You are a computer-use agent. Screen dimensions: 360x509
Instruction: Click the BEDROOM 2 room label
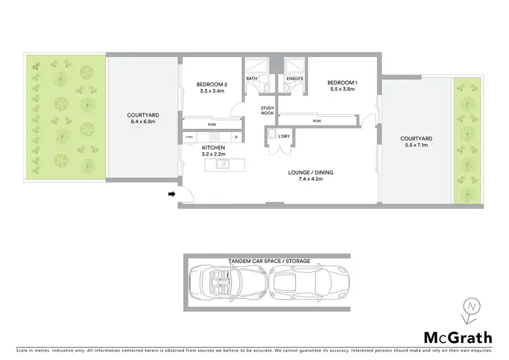tap(211, 84)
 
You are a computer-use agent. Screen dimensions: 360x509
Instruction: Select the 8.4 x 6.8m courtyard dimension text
tap(142, 122)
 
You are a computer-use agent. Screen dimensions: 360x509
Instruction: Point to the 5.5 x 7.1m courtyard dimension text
tap(417, 145)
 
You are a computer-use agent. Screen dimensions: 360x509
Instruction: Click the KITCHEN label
tap(214, 147)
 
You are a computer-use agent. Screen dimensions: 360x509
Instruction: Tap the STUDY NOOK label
tap(267, 111)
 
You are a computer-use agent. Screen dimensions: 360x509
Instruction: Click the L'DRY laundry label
tap(284, 137)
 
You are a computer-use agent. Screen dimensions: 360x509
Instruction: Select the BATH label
tap(252, 79)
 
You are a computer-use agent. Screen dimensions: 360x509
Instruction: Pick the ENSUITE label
tap(295, 79)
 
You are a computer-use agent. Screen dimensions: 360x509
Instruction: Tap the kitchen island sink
tap(222, 164)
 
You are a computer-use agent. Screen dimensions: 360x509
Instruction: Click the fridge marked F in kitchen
tap(235, 137)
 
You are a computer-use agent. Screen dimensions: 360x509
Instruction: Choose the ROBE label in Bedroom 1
tap(317, 121)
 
